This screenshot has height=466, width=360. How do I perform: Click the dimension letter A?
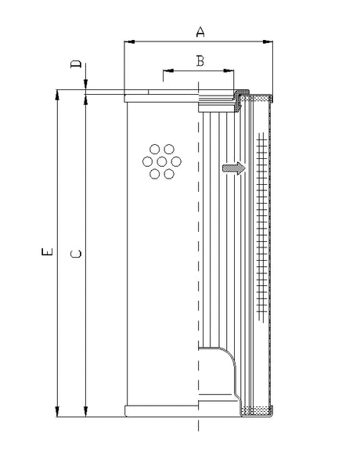tap(200, 31)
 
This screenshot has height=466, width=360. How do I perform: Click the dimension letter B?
tap(200, 61)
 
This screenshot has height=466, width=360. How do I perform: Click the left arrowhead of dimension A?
tap(129, 41)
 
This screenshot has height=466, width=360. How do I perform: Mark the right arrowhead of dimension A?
tap(269, 41)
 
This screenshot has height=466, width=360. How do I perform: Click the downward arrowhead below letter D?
tap(86, 85)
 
